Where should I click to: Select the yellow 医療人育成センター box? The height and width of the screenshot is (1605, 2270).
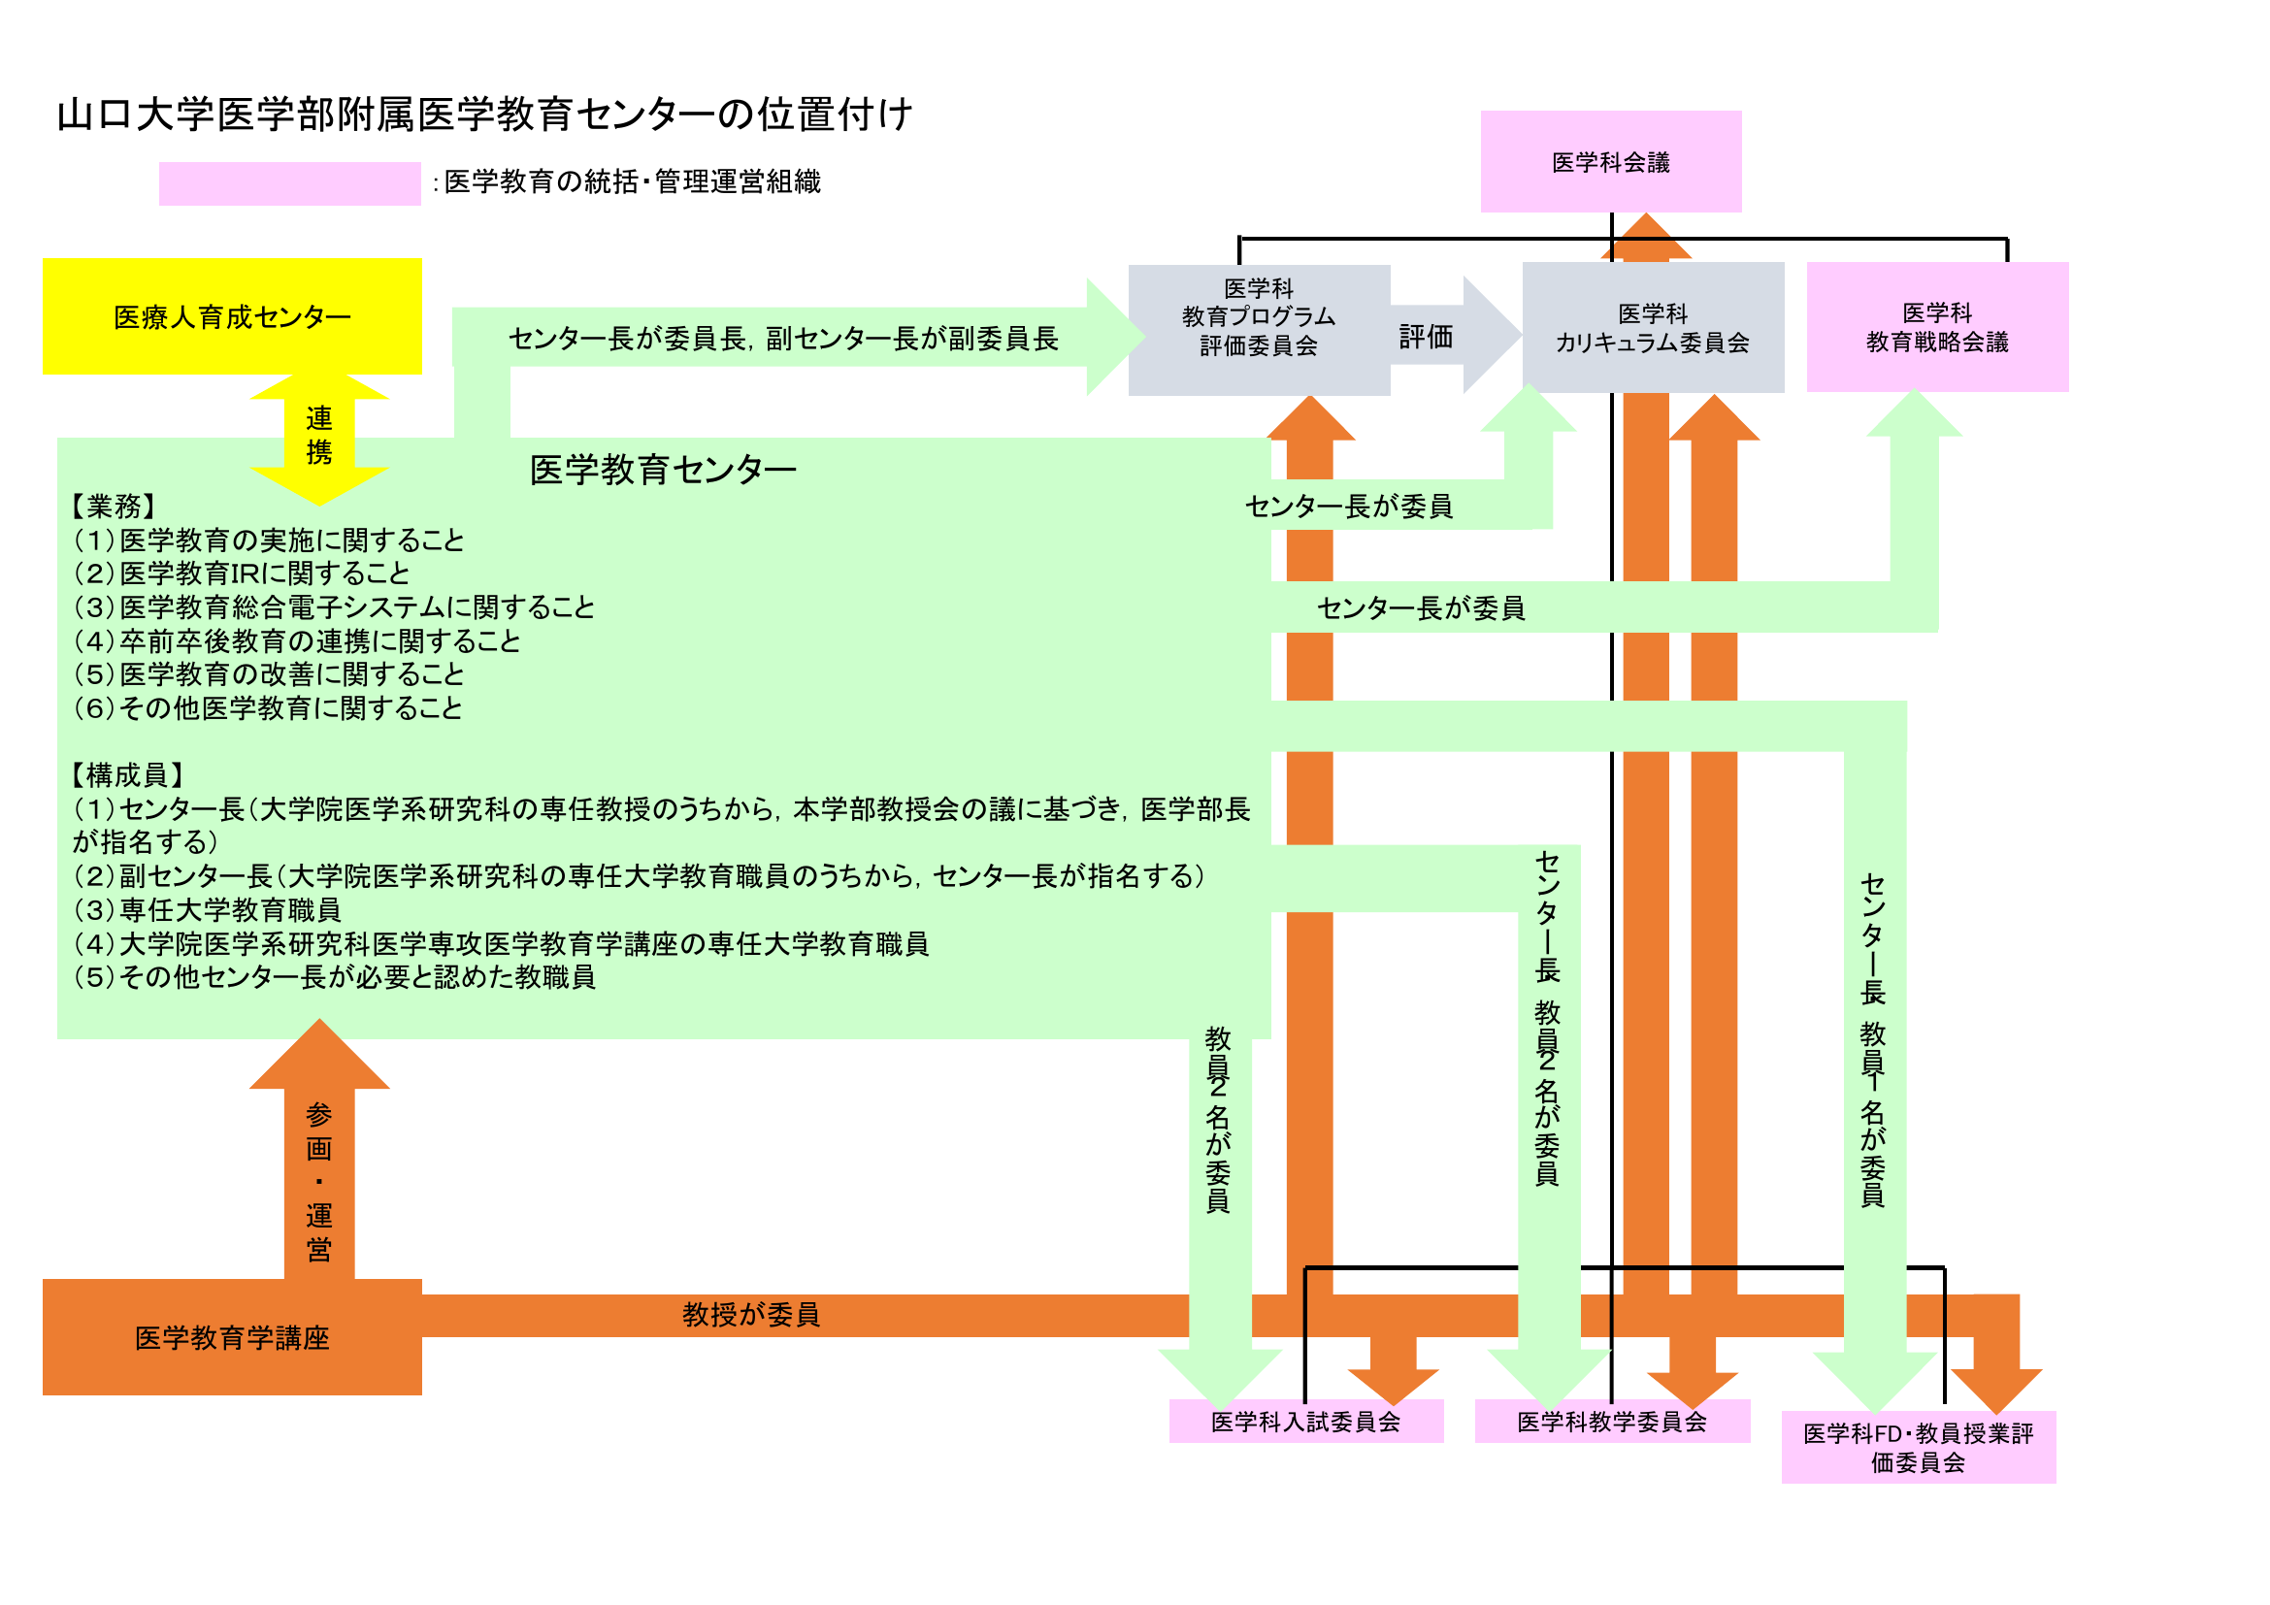[x=232, y=316]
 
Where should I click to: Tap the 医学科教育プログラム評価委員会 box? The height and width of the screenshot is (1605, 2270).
[x=1259, y=317]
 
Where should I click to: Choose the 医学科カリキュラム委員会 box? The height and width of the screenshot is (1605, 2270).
[x=1652, y=328]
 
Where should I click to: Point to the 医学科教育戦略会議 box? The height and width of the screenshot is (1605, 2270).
[x=1937, y=327]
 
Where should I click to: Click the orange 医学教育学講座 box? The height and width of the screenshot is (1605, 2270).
[x=232, y=1337]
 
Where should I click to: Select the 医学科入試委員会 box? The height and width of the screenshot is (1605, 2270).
[x=1305, y=1422]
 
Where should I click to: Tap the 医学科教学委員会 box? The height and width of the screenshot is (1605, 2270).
[x=1612, y=1422]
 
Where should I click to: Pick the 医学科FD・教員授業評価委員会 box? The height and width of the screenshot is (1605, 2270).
[x=1918, y=1447]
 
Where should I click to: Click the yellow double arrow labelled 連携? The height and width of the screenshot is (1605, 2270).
[x=318, y=436]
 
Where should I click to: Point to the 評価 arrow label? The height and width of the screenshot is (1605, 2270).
[x=1426, y=337]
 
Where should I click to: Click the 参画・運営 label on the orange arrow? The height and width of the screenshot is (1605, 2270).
[x=318, y=1181]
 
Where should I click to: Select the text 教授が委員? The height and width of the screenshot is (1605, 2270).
[x=750, y=1315]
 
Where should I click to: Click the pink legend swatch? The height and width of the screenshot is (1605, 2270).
[x=289, y=182]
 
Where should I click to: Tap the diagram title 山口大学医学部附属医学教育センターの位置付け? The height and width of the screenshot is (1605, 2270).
[x=484, y=115]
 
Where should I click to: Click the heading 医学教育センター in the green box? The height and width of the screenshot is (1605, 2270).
[x=663, y=470]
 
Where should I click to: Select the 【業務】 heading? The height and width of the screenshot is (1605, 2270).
[x=114, y=506]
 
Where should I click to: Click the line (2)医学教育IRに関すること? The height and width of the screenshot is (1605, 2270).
[x=243, y=573]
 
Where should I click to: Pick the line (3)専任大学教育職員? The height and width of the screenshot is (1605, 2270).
[x=208, y=909]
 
